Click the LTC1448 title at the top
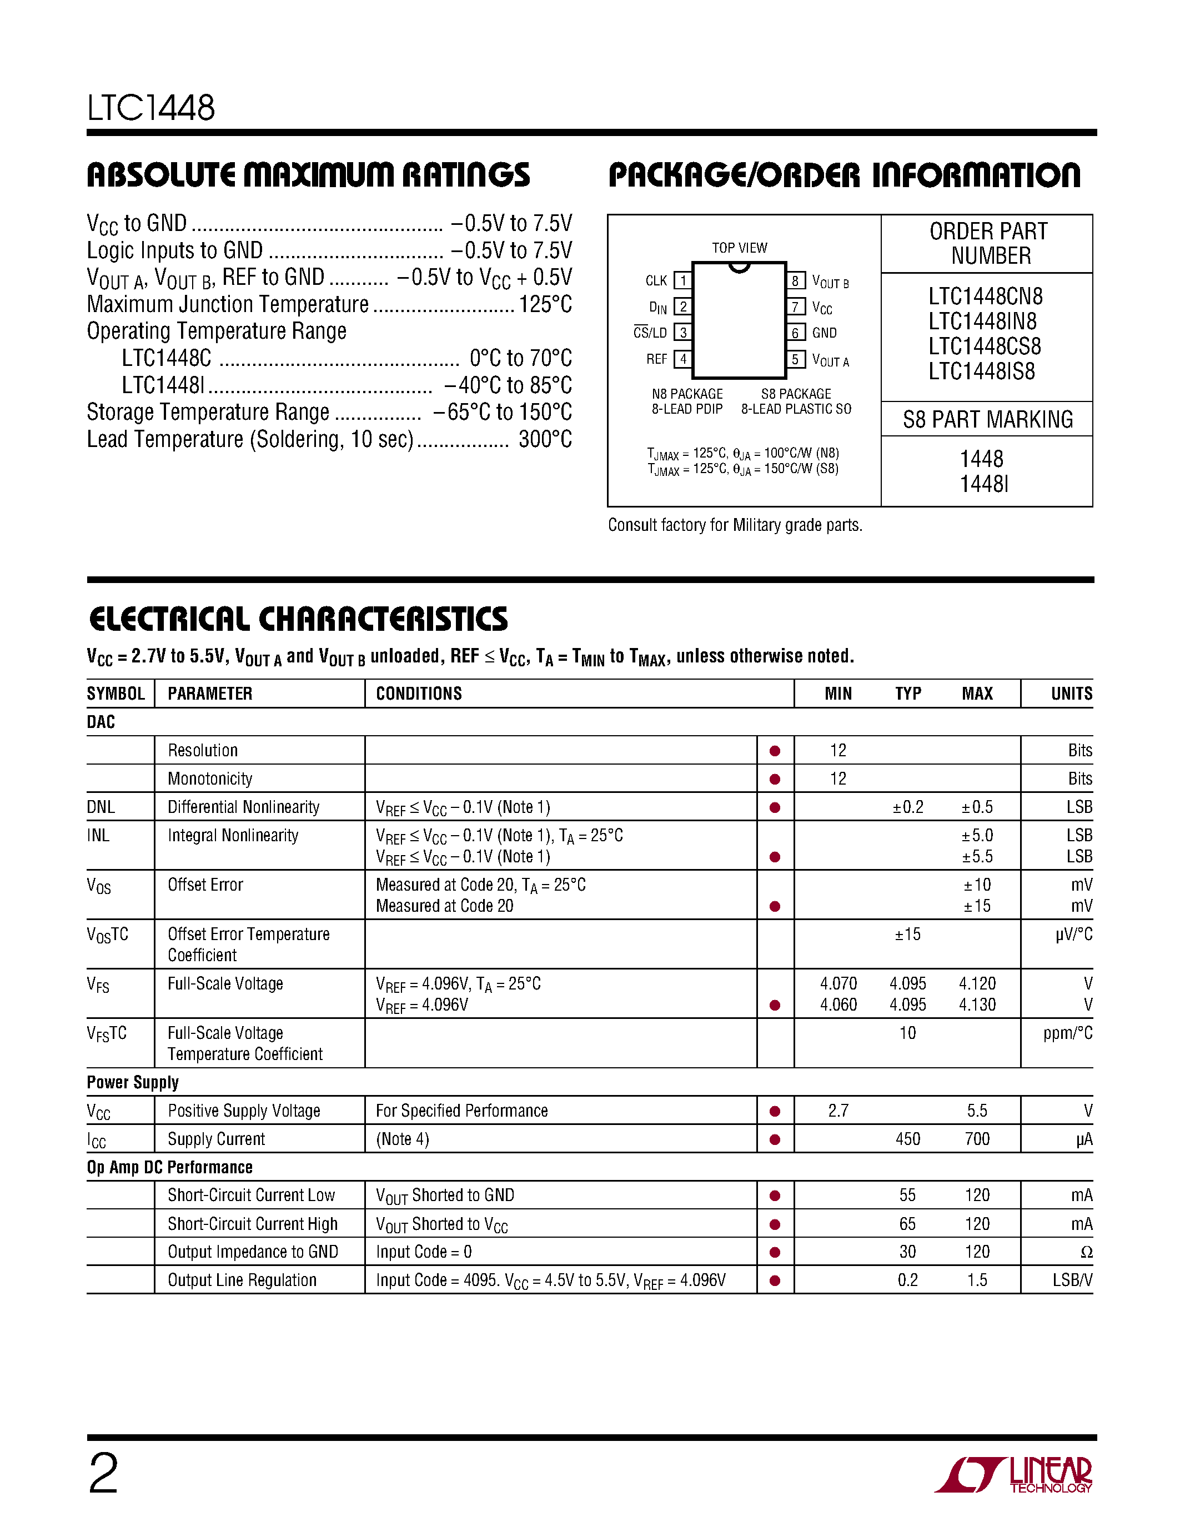tap(151, 108)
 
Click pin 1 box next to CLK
tap(682, 281)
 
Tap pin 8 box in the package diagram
tap(795, 281)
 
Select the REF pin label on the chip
tap(656, 359)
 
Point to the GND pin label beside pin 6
tap(824, 333)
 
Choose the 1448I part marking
tap(983, 484)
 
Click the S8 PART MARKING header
tap(987, 419)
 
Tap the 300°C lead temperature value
tap(545, 440)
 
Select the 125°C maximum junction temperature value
tap(545, 305)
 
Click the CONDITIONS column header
tap(419, 694)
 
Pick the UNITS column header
tap(1071, 694)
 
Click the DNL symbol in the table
tap(101, 807)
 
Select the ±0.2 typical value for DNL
tap(907, 807)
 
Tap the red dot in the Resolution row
tap(775, 751)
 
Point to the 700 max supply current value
tap(977, 1139)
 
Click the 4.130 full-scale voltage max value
tap(977, 1004)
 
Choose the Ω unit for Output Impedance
tap(1086, 1252)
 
